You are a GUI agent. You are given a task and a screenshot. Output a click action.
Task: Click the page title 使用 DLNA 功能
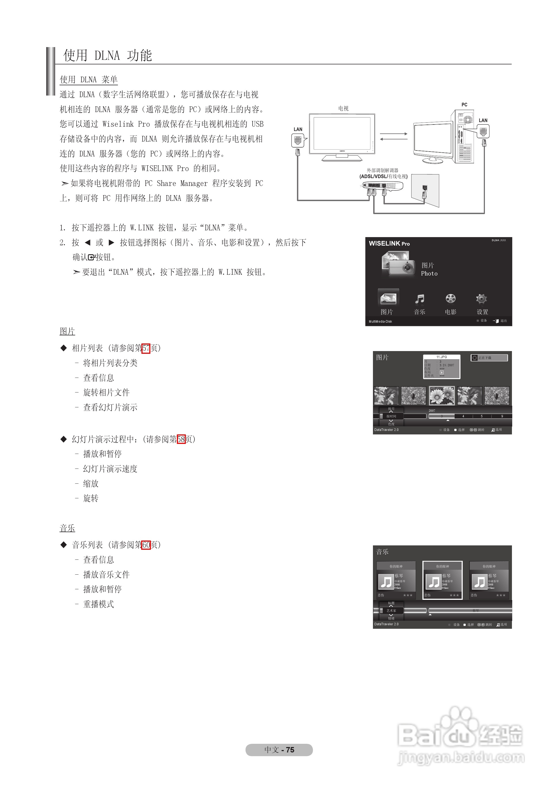(x=107, y=55)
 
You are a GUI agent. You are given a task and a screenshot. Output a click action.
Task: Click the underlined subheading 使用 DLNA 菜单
(x=88, y=80)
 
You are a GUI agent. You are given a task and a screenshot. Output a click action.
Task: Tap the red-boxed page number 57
(x=146, y=348)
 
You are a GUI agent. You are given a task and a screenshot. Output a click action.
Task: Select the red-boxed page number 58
(x=181, y=439)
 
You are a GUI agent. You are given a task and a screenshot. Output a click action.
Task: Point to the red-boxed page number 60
(x=146, y=545)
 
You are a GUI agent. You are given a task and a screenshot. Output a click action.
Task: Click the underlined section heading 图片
(x=67, y=332)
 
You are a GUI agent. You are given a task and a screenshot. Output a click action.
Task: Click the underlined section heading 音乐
(x=67, y=528)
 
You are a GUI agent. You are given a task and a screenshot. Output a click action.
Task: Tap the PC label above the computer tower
(x=464, y=105)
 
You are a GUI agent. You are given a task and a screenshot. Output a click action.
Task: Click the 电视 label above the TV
(x=343, y=109)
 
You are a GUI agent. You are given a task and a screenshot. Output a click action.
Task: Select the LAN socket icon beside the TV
(x=298, y=140)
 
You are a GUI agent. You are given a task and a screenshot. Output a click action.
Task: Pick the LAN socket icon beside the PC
(x=483, y=131)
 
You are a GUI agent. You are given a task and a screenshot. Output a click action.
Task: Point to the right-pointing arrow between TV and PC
(x=394, y=134)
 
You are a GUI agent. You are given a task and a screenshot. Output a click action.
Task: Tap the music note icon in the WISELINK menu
(x=420, y=299)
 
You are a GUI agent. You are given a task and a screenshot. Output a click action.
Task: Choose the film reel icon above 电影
(x=450, y=299)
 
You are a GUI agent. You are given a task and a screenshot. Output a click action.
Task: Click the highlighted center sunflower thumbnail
(x=442, y=395)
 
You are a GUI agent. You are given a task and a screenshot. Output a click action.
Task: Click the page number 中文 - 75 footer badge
(x=279, y=750)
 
